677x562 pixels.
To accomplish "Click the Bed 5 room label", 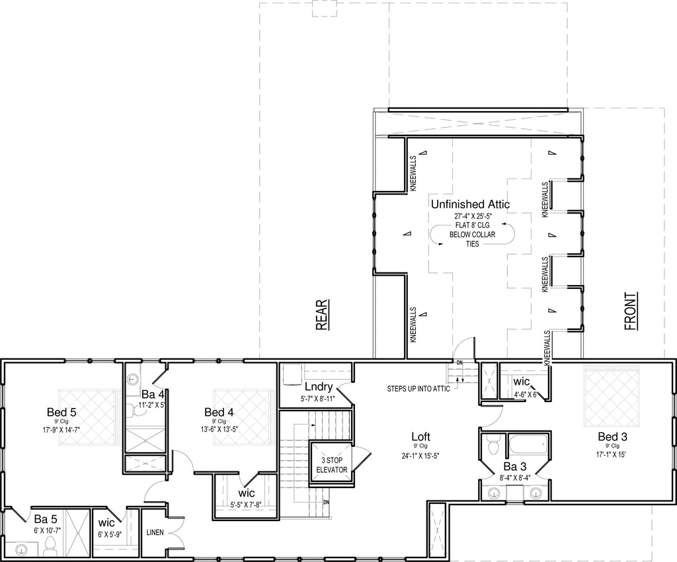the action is [61, 412].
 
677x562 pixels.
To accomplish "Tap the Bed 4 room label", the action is [219, 412].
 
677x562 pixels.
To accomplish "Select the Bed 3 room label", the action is [612, 436].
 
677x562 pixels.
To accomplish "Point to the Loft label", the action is [420, 437].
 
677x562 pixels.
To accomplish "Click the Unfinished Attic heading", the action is [470, 204].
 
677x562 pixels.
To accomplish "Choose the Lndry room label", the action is [319, 387].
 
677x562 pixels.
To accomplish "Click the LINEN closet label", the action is [155, 532].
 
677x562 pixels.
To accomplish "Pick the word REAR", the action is [322, 315].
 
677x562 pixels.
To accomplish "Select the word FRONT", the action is [631, 311].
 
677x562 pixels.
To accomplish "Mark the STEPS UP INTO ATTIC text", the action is [418, 389].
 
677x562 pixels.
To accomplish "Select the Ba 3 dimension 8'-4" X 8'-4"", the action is [514, 477].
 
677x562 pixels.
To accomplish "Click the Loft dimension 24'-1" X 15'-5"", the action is [420, 455].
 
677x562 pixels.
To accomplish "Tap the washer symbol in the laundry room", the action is [292, 374].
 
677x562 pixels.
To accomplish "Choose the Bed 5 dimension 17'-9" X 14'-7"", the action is [61, 430].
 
